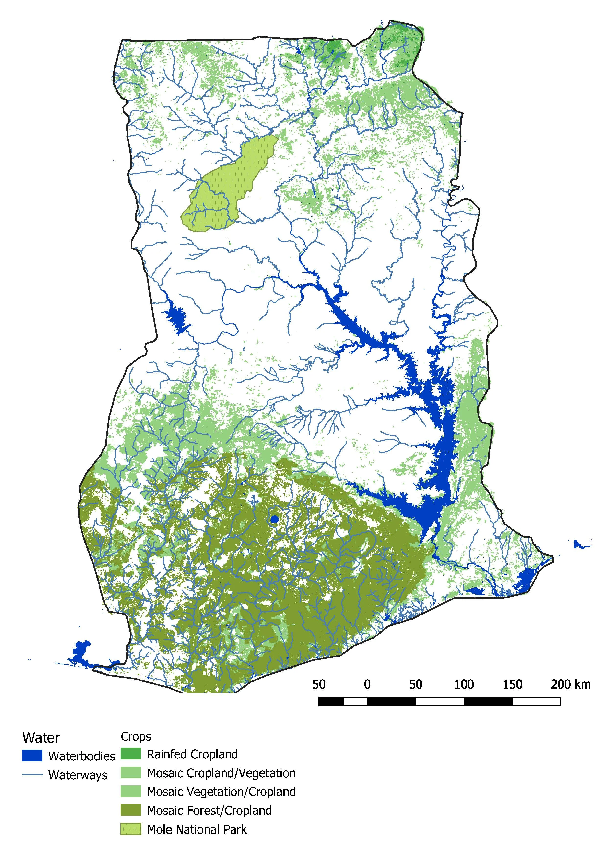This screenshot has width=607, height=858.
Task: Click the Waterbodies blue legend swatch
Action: (32, 756)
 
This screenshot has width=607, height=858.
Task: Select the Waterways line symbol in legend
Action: (32, 774)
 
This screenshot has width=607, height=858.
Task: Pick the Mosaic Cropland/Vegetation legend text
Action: (221, 773)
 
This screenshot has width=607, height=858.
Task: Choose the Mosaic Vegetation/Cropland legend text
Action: (221, 791)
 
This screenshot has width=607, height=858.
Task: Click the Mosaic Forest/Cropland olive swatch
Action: (130, 810)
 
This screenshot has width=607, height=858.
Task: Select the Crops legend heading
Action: (136, 736)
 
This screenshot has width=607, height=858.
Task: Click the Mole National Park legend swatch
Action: (130, 829)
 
